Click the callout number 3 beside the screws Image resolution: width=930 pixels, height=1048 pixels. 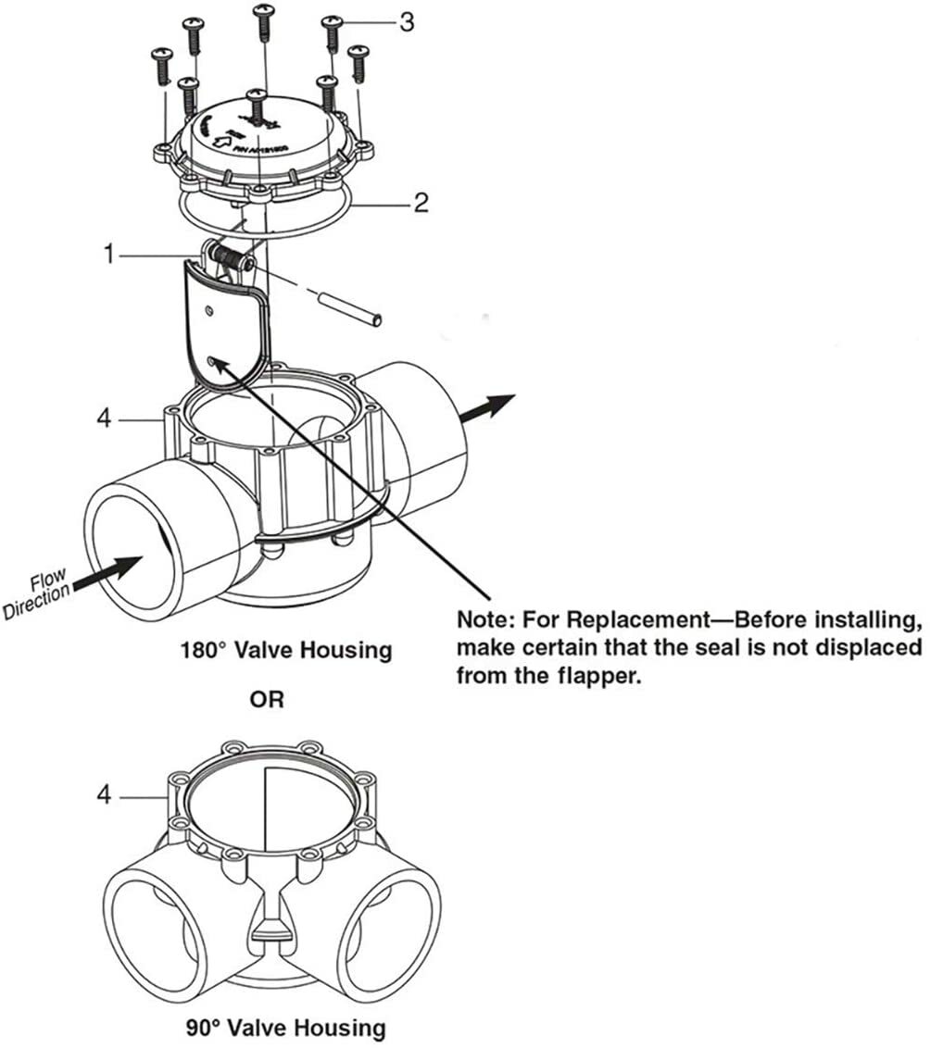(x=406, y=22)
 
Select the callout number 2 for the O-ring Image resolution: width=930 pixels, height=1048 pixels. (x=421, y=203)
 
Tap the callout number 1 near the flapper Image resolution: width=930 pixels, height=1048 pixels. (x=111, y=253)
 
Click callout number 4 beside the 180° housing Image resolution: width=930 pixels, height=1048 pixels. (x=105, y=419)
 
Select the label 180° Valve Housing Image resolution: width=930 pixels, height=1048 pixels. (x=286, y=650)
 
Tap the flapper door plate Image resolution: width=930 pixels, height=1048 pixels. (x=222, y=324)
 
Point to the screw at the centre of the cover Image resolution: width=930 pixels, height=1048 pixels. (x=256, y=106)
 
